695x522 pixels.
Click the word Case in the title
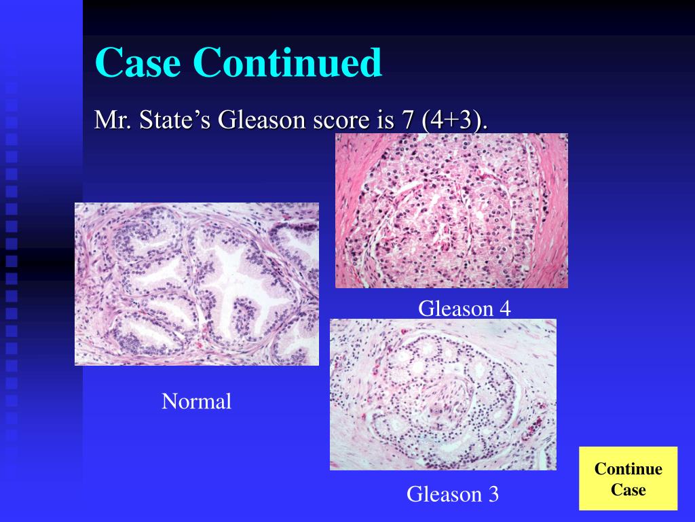138,63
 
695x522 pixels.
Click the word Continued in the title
287,63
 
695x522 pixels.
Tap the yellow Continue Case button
628,478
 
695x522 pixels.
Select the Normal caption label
196,402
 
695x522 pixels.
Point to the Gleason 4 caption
464,309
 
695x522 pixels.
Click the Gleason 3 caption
453,494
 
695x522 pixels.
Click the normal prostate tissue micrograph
196,284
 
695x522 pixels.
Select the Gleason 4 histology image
451,211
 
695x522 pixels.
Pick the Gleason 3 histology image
443,394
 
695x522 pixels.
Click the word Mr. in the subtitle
113,120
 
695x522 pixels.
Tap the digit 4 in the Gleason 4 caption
504,309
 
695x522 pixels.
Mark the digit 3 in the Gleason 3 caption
493,494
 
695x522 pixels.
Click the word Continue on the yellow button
628,469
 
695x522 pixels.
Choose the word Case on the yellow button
628,489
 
